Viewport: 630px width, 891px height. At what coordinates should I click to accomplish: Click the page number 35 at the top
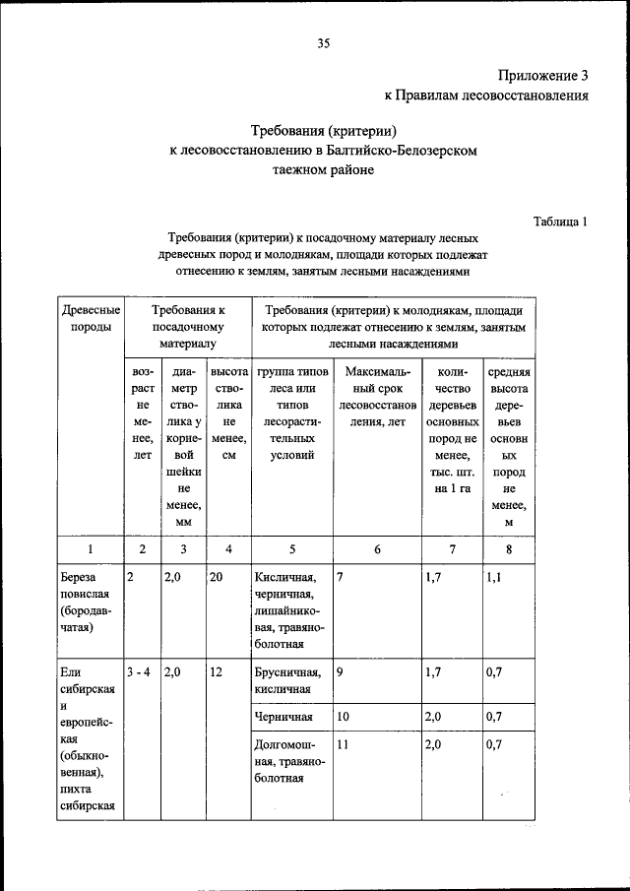point(323,42)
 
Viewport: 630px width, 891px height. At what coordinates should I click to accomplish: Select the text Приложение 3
point(542,75)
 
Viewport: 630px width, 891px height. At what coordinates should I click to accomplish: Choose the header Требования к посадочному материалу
point(188,327)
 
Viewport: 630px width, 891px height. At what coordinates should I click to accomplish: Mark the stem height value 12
point(217,672)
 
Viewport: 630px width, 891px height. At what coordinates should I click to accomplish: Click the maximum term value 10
point(344,717)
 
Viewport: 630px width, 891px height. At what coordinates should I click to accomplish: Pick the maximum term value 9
point(340,672)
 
